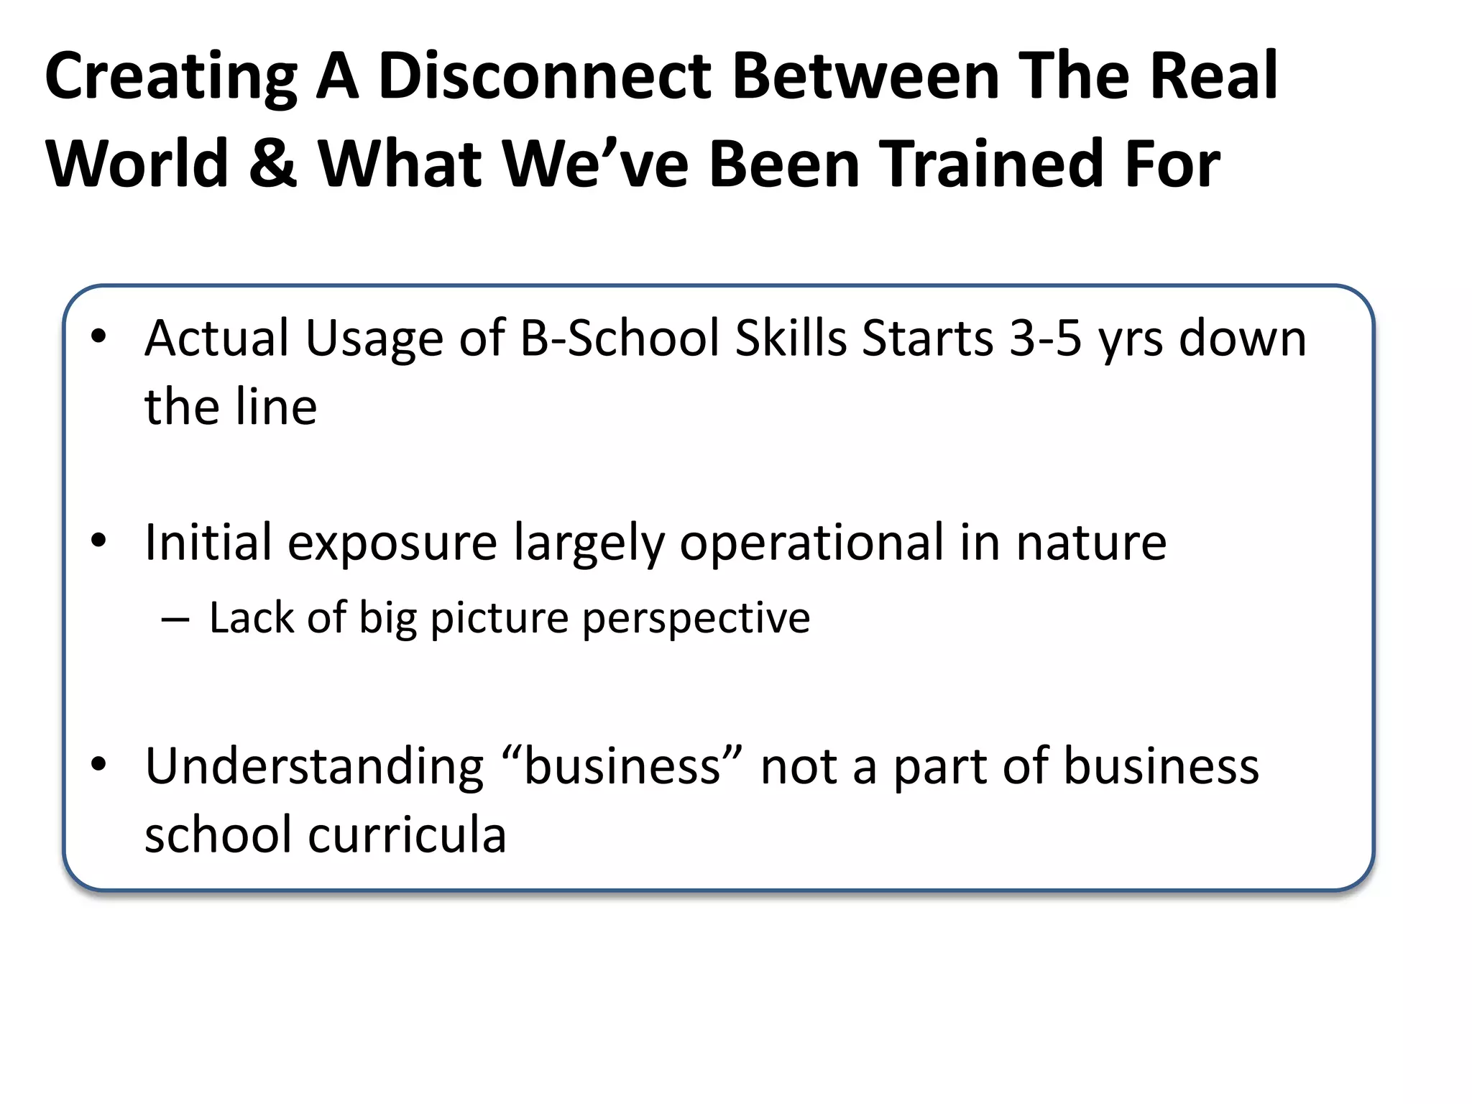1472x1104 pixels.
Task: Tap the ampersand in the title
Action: pyautogui.click(x=272, y=164)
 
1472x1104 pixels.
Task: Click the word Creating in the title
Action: pyautogui.click(x=171, y=78)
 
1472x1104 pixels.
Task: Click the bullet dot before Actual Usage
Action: pyautogui.click(x=99, y=336)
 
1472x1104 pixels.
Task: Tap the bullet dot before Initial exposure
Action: pyautogui.click(x=99, y=540)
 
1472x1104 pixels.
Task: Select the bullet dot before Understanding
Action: pyautogui.click(x=99, y=765)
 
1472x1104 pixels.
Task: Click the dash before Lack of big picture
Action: pyautogui.click(x=175, y=619)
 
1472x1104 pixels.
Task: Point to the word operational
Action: pyautogui.click(x=811, y=543)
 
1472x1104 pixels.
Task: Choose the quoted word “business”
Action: pyautogui.click(x=622, y=766)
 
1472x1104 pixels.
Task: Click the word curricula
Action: pyautogui.click(x=407, y=835)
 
